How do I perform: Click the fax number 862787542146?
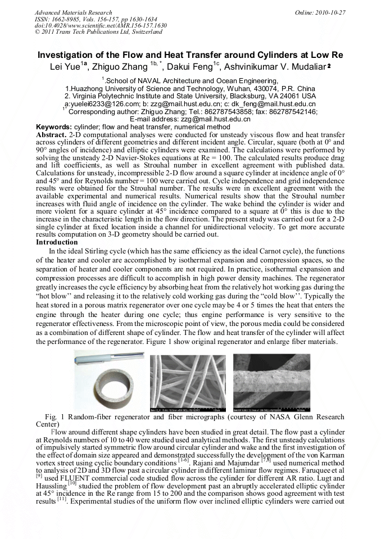291,111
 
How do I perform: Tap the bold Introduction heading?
56,242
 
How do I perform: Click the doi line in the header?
101,26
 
